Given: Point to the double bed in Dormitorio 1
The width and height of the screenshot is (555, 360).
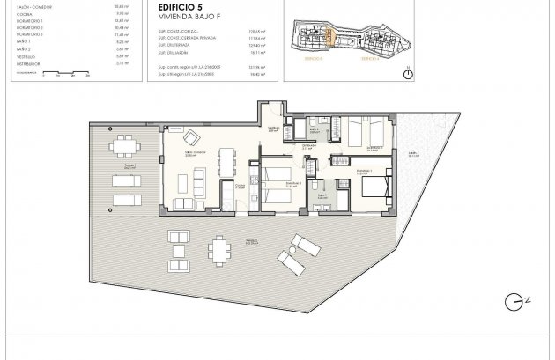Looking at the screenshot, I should [374, 187].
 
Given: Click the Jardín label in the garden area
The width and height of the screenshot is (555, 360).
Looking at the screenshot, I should [413, 158].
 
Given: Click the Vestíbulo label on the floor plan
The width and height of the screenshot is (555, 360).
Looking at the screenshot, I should [273, 129].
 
